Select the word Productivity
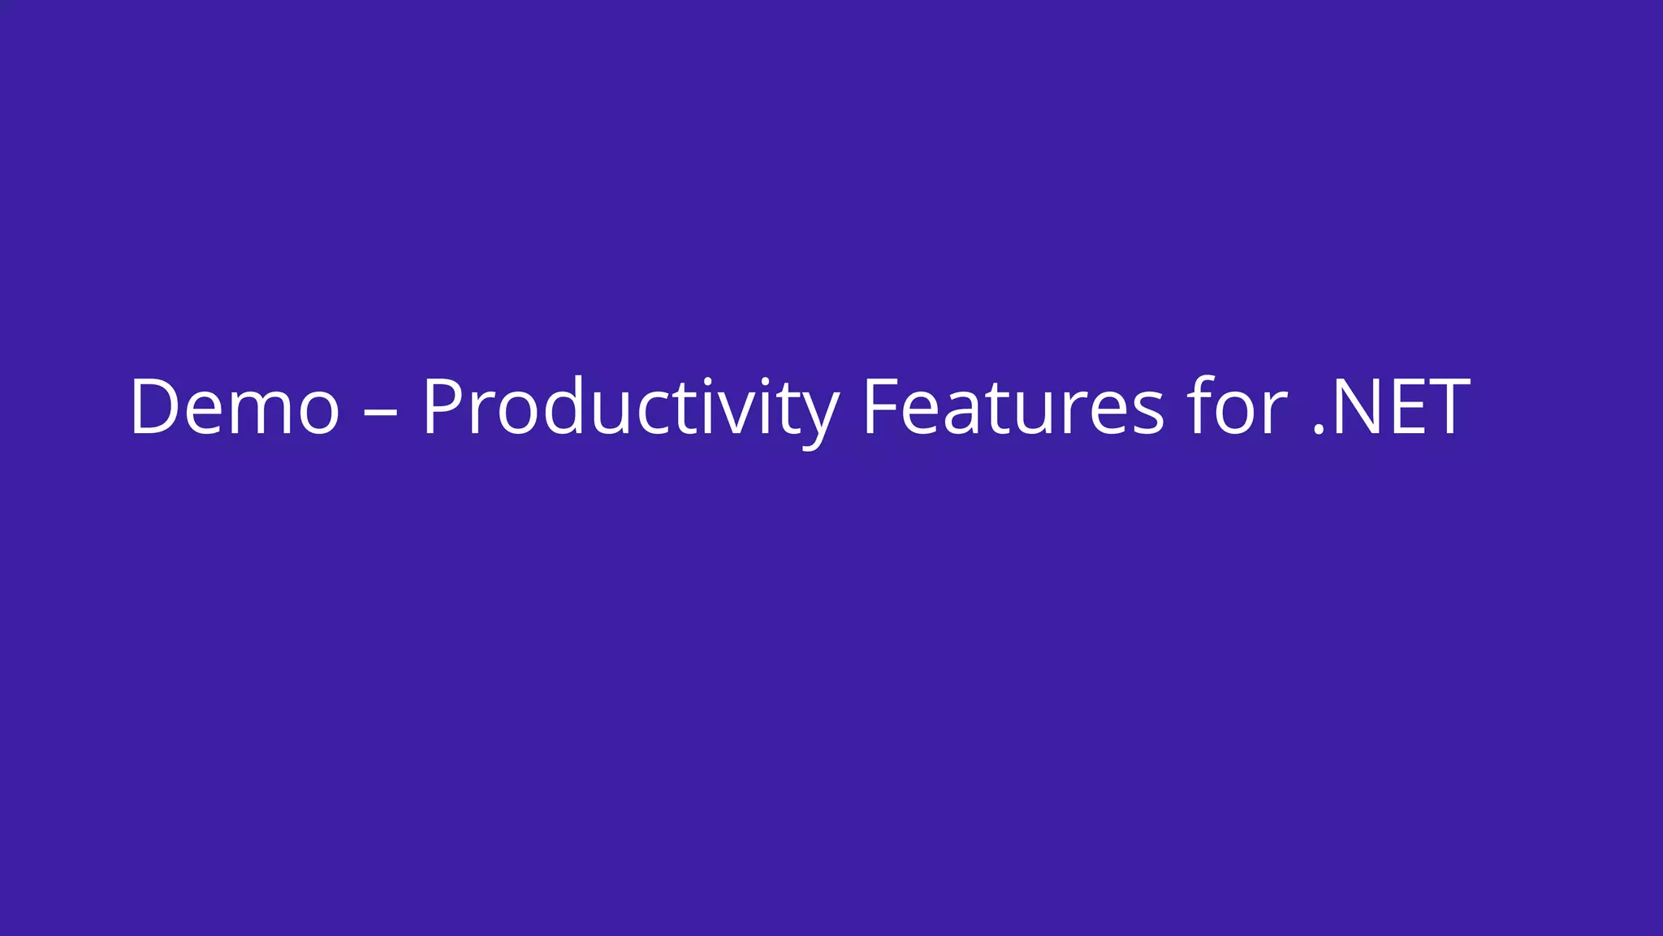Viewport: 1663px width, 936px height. pos(630,408)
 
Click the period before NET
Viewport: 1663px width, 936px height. pos(1319,431)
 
